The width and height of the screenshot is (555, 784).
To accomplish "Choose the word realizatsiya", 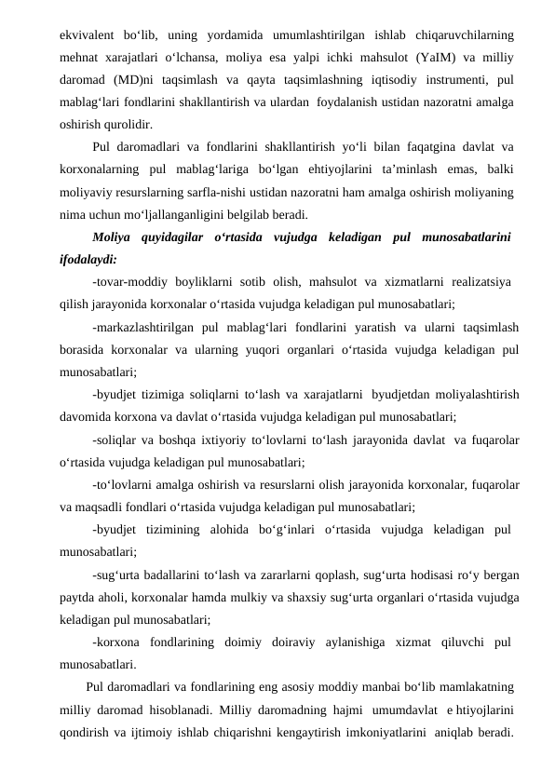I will (x=473, y=280).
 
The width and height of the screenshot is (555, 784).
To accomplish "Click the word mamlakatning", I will (x=471, y=687).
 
